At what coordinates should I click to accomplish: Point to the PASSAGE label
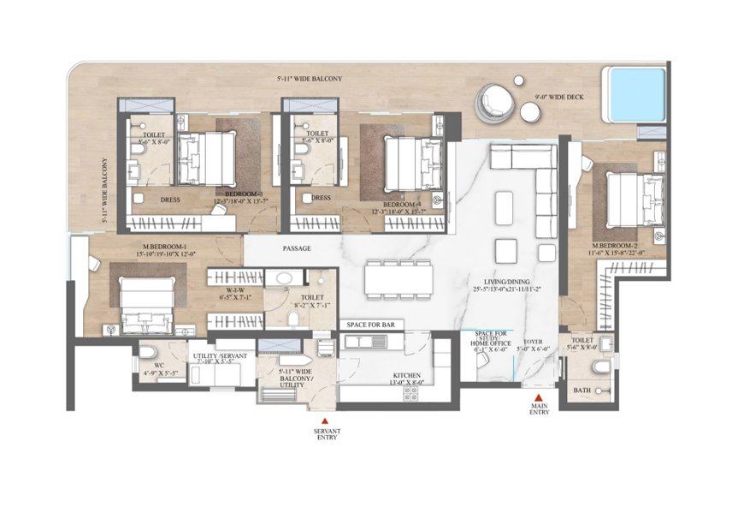pyautogui.click(x=296, y=248)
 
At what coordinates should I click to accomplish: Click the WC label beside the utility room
pyautogui.click(x=146, y=364)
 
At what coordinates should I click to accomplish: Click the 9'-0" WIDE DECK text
pyautogui.click(x=559, y=98)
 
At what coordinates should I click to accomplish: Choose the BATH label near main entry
pyautogui.click(x=581, y=389)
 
